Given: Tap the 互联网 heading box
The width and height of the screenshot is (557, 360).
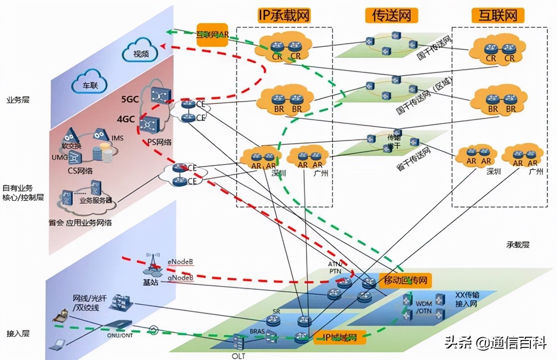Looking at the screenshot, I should click(x=498, y=15).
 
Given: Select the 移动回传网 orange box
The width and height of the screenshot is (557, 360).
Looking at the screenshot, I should click(x=405, y=280).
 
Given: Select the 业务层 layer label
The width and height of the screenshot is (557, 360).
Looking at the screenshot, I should click(x=18, y=100).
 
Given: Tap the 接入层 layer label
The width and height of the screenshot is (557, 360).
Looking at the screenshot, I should click(x=18, y=334).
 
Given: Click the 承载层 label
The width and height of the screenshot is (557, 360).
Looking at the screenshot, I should click(x=518, y=245).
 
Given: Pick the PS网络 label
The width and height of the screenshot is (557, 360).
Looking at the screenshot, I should click(x=159, y=142).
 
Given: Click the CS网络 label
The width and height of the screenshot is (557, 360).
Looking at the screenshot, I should click(x=81, y=170).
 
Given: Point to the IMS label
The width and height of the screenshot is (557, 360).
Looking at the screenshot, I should click(x=117, y=138).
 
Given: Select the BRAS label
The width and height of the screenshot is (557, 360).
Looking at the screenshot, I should click(x=257, y=331).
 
